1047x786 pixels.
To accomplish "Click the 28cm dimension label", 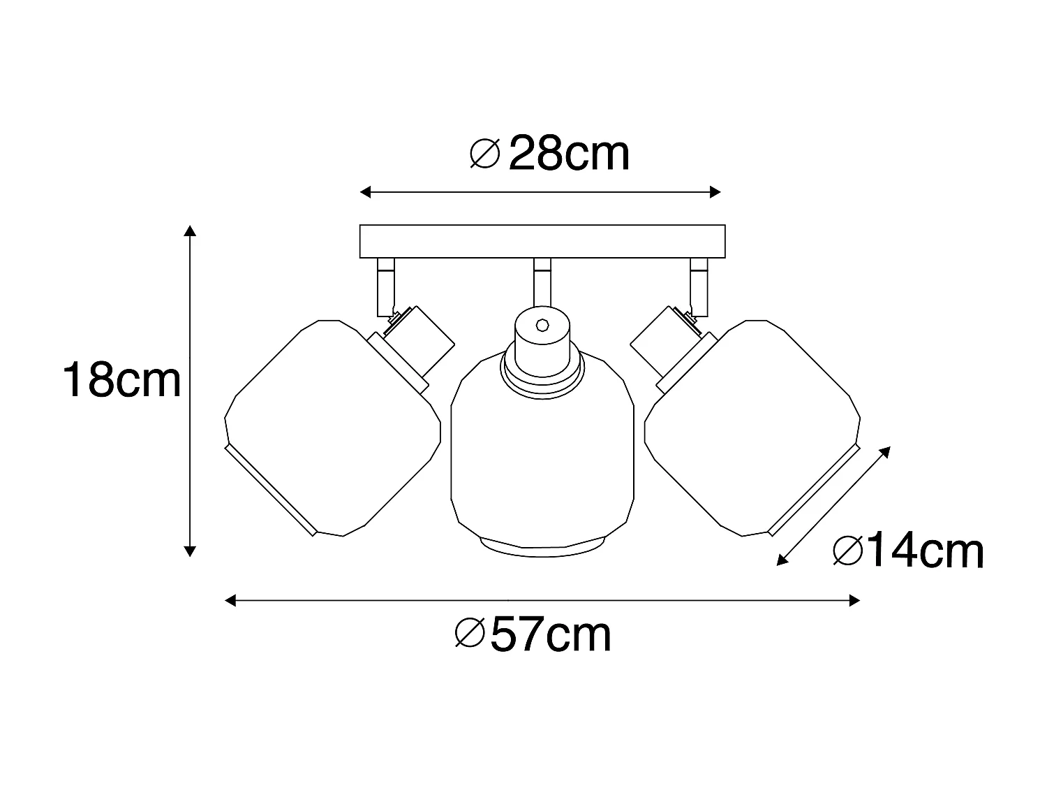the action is click(570, 154).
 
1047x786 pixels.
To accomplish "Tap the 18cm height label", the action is click(121, 380).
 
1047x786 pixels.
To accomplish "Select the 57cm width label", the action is click(551, 634).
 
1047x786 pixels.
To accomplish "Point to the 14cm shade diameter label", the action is click(925, 551).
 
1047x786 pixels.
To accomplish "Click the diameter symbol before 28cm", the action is click(484, 154).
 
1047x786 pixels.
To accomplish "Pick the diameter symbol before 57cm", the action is click(470, 633).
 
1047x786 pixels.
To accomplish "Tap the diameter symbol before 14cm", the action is click(848, 551).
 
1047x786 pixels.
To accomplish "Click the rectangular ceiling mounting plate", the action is click(542, 242).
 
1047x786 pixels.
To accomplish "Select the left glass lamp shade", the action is click(332, 428).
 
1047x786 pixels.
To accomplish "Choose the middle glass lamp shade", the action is click(542, 453).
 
